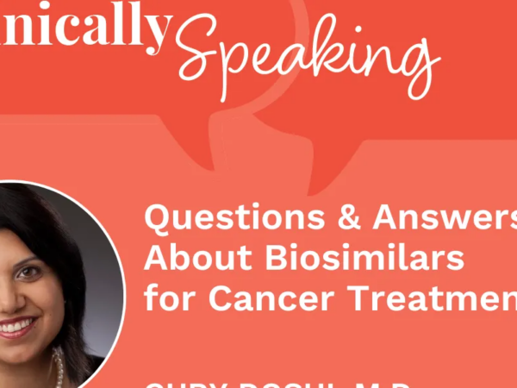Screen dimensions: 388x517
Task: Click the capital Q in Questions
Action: [159, 221]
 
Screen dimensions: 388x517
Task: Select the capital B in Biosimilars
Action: [258, 259]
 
